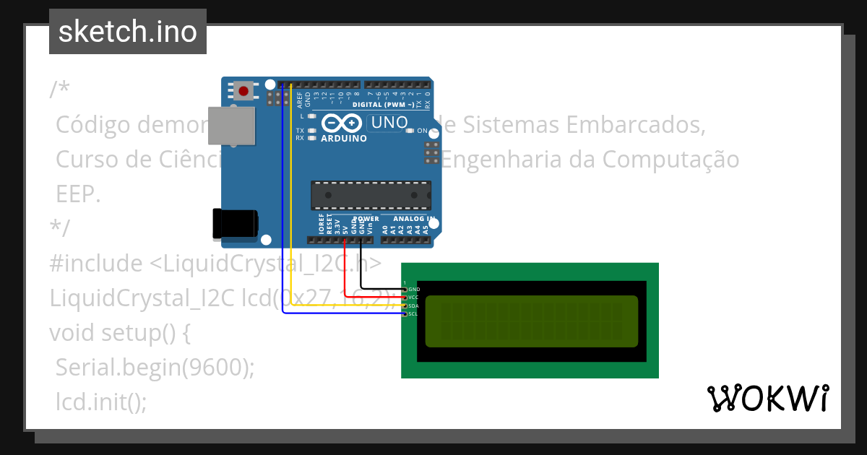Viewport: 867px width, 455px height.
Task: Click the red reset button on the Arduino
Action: [244, 92]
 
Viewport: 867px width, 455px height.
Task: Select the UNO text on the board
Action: [389, 123]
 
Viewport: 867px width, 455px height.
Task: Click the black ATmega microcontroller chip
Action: [371, 196]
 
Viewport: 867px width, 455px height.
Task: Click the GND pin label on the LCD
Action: [414, 289]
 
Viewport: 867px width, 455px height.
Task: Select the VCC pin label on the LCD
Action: [413, 297]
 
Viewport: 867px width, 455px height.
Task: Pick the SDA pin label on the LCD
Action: [413, 305]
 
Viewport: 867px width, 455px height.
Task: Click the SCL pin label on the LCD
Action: [413, 313]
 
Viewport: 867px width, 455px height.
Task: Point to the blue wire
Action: [282, 217]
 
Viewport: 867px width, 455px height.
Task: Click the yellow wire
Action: [290, 217]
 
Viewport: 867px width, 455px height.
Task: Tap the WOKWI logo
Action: [767, 399]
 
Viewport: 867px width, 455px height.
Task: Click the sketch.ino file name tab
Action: [128, 32]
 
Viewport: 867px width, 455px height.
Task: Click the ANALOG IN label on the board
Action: [414, 218]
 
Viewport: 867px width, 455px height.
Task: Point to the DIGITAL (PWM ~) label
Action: [383, 105]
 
